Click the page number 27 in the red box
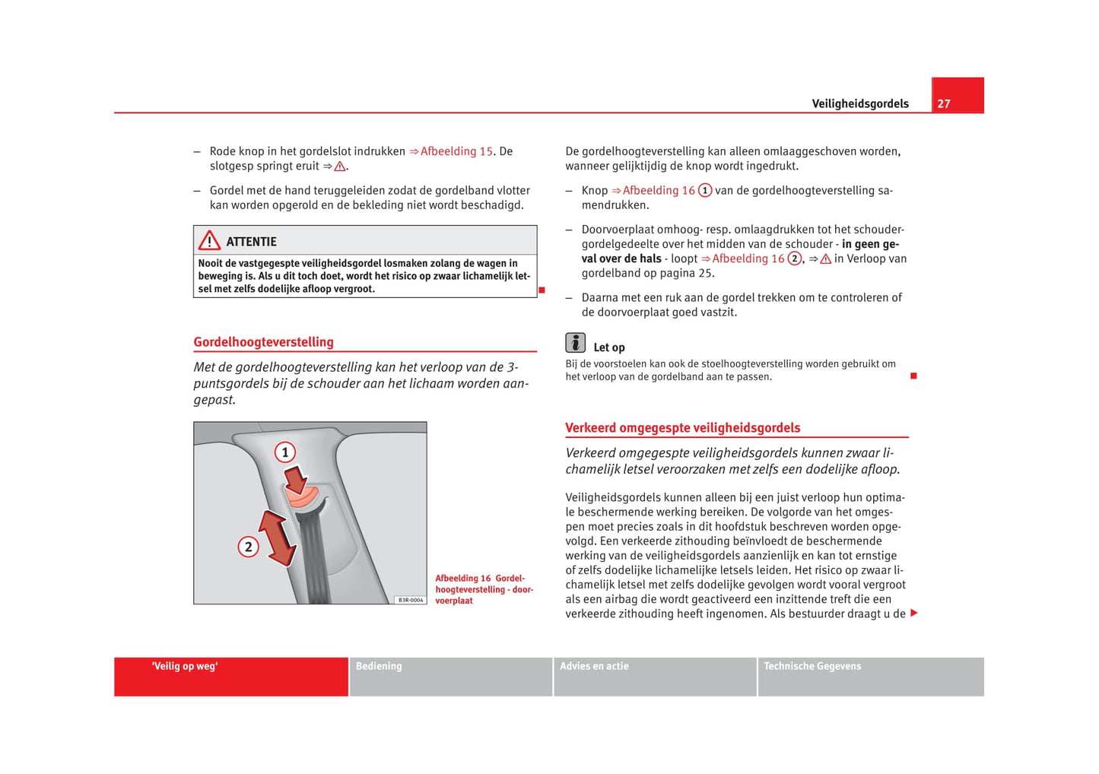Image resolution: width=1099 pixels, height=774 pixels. (944, 104)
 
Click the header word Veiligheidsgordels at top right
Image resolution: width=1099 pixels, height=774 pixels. (859, 104)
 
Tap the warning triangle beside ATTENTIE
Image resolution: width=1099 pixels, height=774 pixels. (209, 241)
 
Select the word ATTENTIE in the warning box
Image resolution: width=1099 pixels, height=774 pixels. (251, 242)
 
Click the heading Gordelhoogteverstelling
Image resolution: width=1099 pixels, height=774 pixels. (263, 342)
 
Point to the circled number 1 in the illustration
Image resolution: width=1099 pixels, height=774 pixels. (285, 452)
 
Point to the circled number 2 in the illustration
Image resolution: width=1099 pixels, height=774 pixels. (248, 547)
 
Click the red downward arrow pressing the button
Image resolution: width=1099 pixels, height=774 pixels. (296, 480)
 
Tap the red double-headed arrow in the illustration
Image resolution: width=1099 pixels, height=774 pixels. (277, 538)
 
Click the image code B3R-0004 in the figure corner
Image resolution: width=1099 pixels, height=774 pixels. (411, 600)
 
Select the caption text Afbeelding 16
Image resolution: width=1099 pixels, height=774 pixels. (463, 579)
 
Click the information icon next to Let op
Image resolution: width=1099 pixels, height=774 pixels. (576, 344)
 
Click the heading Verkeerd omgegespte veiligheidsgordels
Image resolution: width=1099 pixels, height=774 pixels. (682, 428)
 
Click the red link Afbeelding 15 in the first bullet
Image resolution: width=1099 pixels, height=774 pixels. (456, 151)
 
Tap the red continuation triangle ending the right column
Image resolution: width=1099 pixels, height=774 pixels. (913, 613)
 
